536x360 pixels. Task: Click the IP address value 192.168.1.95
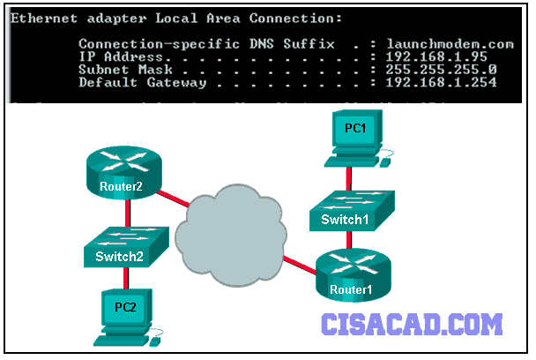pos(436,56)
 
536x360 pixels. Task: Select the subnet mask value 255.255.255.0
pos(441,70)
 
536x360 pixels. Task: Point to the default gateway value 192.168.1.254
pos(441,82)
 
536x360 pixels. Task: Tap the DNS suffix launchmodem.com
pos(450,44)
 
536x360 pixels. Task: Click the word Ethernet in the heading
pos(44,19)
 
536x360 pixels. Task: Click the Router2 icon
pos(123,173)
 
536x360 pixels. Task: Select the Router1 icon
pos(354,275)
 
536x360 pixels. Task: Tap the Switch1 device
pos(352,211)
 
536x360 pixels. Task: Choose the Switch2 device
pos(126,247)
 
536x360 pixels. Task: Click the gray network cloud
pos(231,235)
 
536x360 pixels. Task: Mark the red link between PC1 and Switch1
pos(348,178)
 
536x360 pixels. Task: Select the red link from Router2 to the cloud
pos(173,199)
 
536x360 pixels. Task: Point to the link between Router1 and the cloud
pos(300,265)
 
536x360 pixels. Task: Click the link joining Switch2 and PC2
pos(126,278)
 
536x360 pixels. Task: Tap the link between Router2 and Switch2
pos(128,214)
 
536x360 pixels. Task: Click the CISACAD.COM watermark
pos(412,324)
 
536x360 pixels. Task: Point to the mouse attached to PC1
pos(385,162)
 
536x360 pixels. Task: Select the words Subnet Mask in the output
pos(125,70)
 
